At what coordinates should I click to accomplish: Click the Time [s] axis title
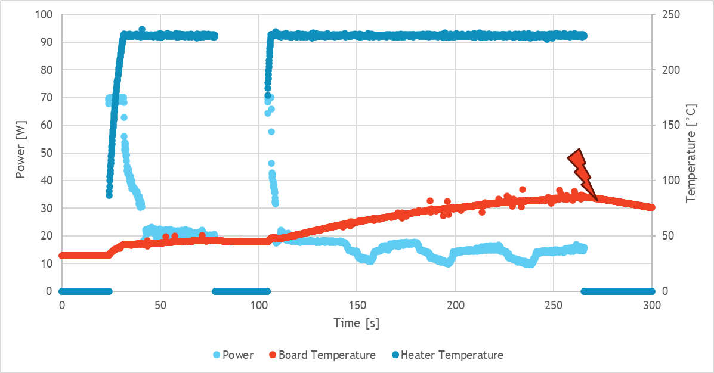pyautogui.click(x=357, y=324)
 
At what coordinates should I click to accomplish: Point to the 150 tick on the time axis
pyautogui.click(x=357, y=305)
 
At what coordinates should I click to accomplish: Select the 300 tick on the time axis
pyautogui.click(x=652, y=305)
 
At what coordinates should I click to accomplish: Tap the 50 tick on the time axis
pyautogui.click(x=160, y=305)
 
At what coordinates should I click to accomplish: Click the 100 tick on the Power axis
pyautogui.click(x=45, y=14)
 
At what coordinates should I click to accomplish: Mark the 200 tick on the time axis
pyautogui.click(x=455, y=305)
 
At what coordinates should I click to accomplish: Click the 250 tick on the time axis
pyautogui.click(x=554, y=305)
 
